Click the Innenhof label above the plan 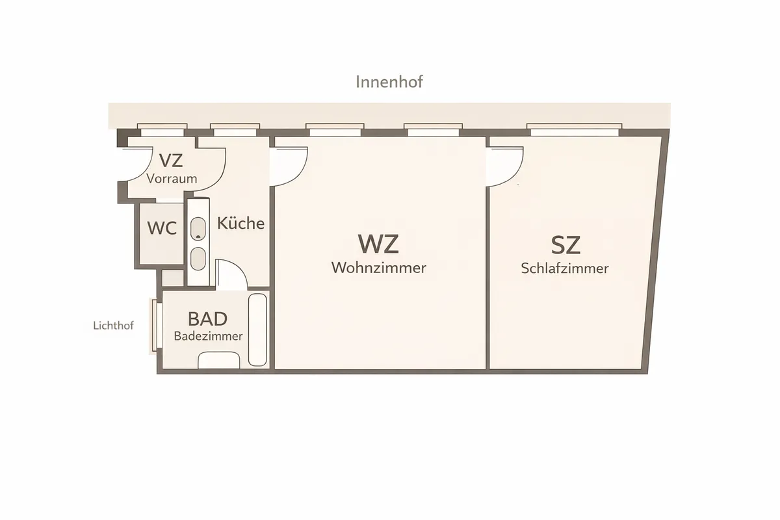[389, 82]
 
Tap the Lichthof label [114, 326]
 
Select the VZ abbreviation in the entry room [171, 161]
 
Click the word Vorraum [172, 179]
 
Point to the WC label [162, 228]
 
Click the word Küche [240, 223]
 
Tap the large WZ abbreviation [378, 244]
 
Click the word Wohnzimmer [379, 268]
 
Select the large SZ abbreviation [565, 245]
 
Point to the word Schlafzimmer [565, 268]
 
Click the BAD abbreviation [207, 318]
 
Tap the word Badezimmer [208, 336]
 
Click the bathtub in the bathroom [257, 330]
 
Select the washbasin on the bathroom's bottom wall [219, 360]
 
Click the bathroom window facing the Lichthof [155, 326]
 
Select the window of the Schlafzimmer [575, 129]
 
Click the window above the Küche [235, 129]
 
